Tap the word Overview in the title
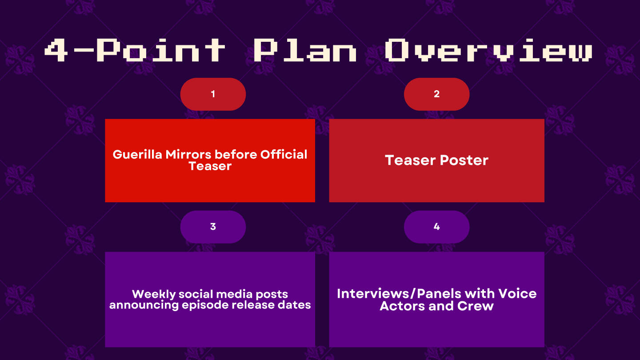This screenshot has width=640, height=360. pyautogui.click(x=488, y=50)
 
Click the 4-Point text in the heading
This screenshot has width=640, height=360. pyautogui.click(x=135, y=50)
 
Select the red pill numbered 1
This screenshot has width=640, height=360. pyautogui.click(x=213, y=94)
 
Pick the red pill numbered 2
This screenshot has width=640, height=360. pyautogui.click(x=436, y=94)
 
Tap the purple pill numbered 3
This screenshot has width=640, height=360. pyautogui.click(x=213, y=227)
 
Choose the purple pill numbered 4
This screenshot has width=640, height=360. pyautogui.click(x=436, y=227)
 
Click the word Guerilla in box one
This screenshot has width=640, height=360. pyautogui.click(x=137, y=155)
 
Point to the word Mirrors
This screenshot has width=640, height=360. pyautogui.click(x=188, y=155)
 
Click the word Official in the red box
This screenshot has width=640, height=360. pyautogui.click(x=284, y=155)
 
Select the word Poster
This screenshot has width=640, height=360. pyautogui.click(x=464, y=160)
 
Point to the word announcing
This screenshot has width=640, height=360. pyautogui.click(x=144, y=305)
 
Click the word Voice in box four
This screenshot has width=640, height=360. pyautogui.click(x=517, y=294)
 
